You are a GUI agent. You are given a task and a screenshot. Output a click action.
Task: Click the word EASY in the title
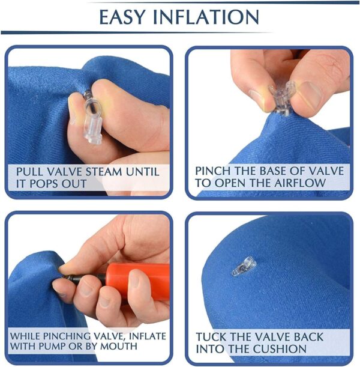click(x=122, y=17)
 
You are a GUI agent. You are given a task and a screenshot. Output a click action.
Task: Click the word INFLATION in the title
click(x=206, y=17)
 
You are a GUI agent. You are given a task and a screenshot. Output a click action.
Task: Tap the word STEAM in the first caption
click(x=104, y=172)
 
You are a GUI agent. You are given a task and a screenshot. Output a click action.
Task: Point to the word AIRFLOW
click(x=300, y=183)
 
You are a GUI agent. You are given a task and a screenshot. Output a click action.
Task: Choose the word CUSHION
click(x=280, y=349)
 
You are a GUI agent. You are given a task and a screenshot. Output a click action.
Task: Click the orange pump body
click(x=139, y=281)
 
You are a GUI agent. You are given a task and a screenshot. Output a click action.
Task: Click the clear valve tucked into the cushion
click(x=243, y=266)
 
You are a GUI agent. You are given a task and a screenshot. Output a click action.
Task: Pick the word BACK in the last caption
click(x=308, y=337)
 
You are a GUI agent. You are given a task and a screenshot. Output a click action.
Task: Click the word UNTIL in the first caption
click(x=143, y=172)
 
